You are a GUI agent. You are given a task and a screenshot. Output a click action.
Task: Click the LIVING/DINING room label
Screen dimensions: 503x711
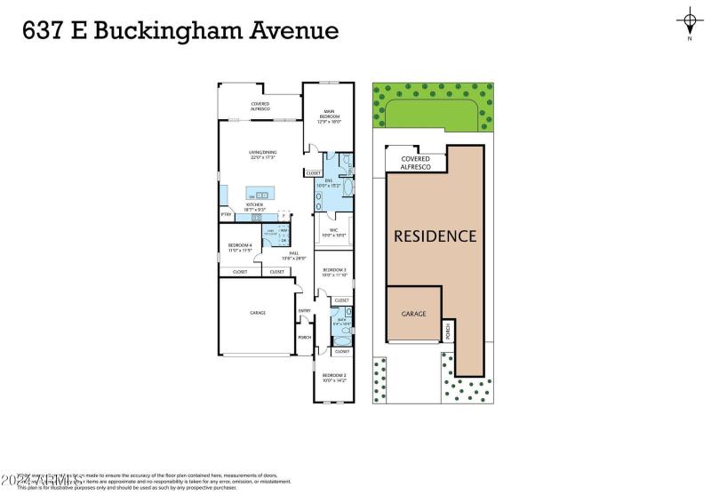(262, 155)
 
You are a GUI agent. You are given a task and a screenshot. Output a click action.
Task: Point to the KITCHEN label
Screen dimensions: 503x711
(256, 206)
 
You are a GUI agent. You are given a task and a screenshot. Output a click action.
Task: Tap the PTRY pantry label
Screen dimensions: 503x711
(226, 215)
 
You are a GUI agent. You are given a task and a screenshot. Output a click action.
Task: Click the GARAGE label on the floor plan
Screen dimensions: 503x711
(257, 313)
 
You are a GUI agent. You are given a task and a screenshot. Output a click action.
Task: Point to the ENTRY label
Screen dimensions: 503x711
(304, 310)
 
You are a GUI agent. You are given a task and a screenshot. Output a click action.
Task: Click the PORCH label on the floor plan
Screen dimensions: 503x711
(304, 338)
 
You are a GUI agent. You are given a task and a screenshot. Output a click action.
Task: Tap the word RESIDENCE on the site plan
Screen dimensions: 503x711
(435, 236)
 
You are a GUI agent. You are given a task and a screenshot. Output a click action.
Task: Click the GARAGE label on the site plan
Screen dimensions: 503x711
(413, 314)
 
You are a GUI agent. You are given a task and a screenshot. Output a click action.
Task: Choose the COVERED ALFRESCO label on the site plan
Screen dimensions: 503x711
(415, 163)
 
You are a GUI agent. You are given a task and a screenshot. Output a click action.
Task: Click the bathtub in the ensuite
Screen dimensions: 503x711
(347, 188)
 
